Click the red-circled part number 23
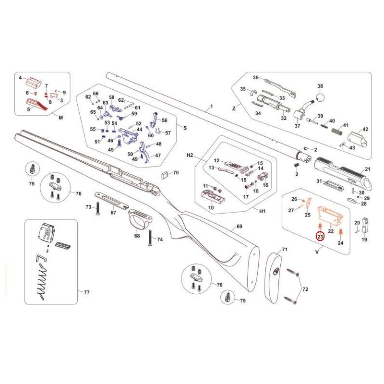(320, 237)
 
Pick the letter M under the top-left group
(61, 117)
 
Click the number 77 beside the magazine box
(87, 292)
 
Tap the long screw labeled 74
(150, 238)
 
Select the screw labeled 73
(98, 209)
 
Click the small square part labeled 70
(164, 175)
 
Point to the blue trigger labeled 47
(145, 152)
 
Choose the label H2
(190, 155)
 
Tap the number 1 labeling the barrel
(211, 107)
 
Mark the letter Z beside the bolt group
(234, 108)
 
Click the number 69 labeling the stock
(239, 226)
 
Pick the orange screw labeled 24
(340, 232)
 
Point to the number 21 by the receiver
(368, 169)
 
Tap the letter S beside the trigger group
(185, 128)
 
